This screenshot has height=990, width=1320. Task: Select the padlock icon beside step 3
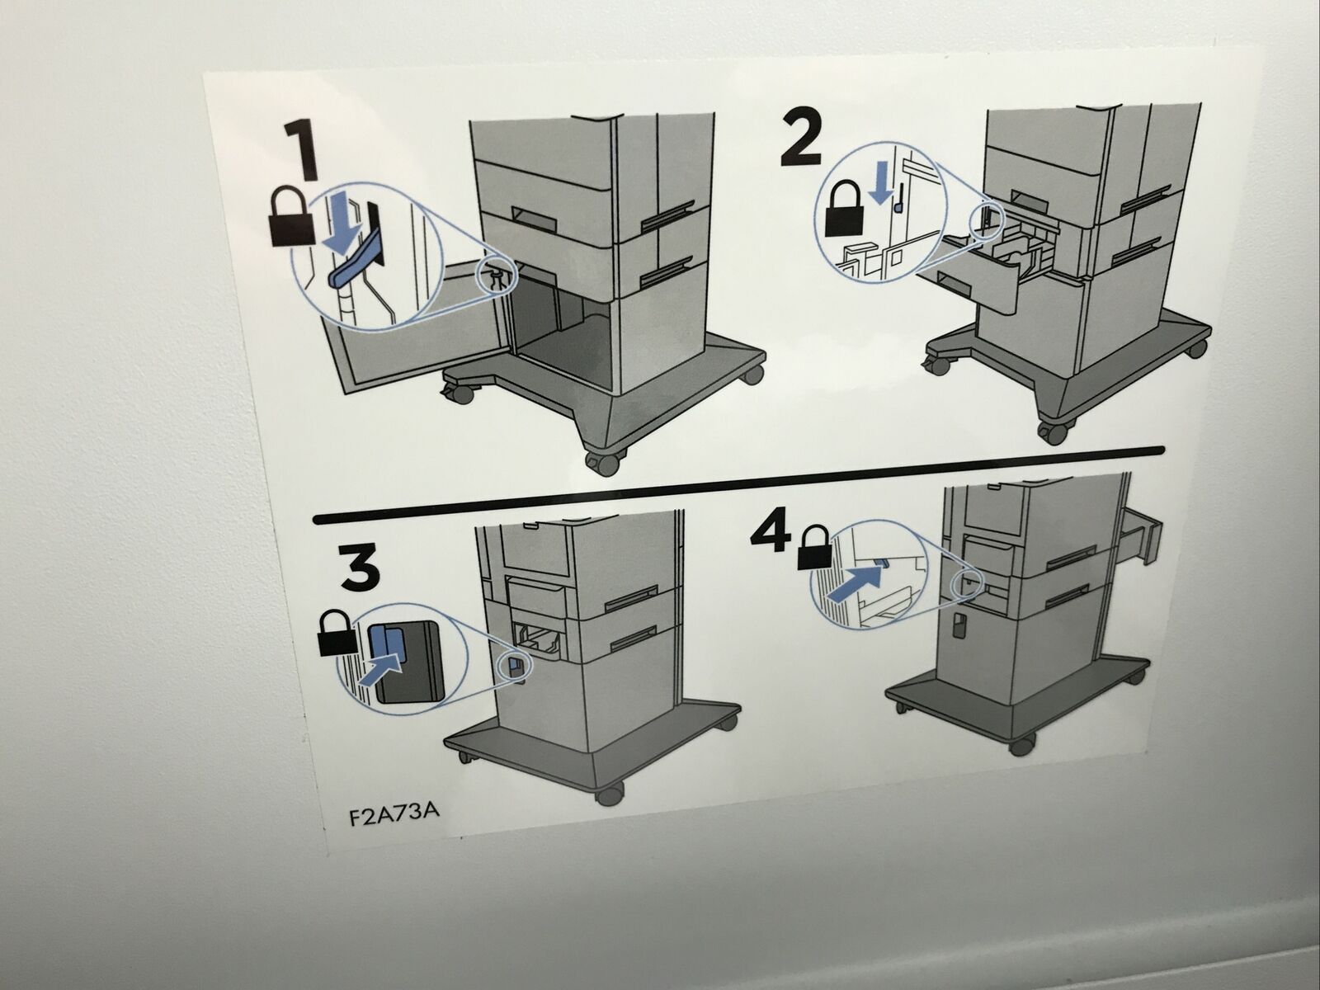(337, 634)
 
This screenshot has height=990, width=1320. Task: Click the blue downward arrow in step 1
(342, 226)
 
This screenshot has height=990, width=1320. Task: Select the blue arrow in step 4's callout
(854, 582)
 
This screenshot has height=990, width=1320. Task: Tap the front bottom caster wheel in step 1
(603, 462)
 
